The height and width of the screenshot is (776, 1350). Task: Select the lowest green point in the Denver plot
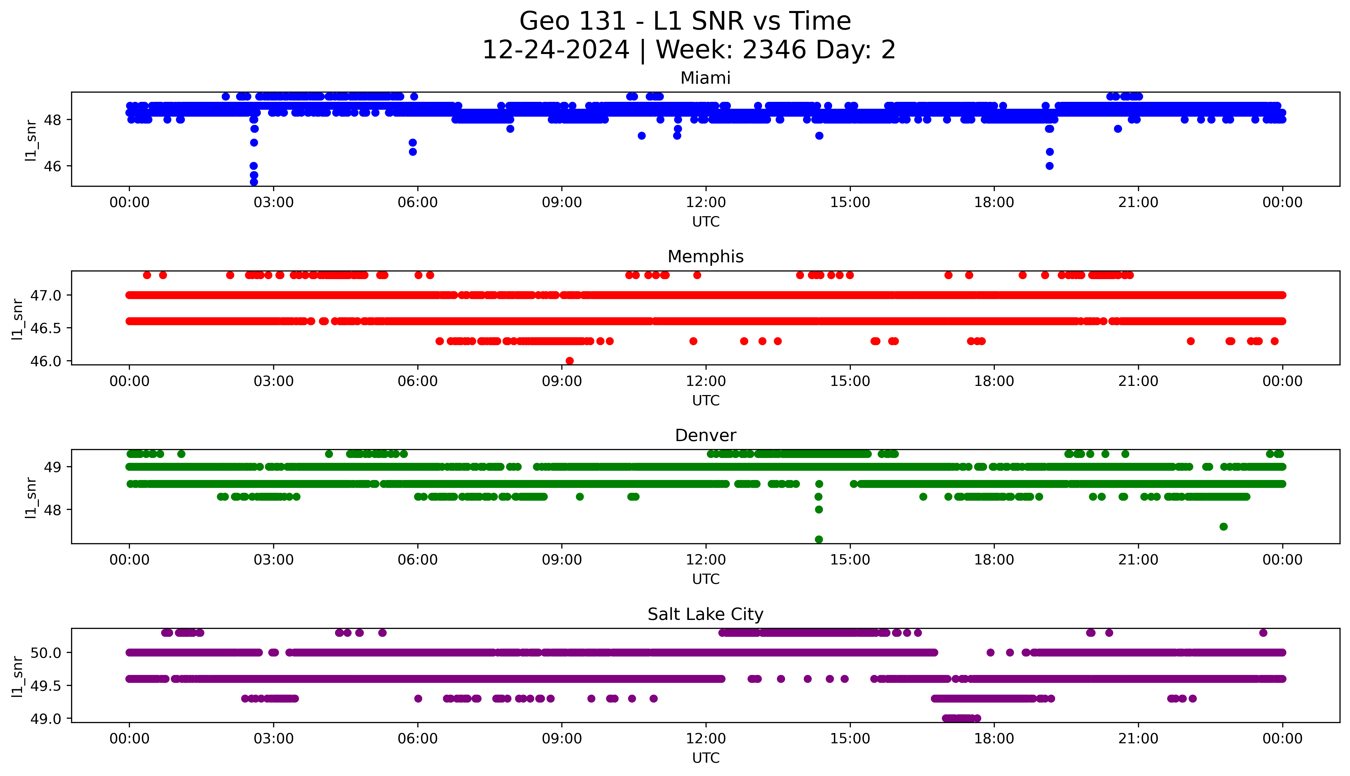tap(819, 539)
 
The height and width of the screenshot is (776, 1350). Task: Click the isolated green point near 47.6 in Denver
tap(1223, 527)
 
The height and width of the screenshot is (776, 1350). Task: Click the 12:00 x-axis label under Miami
tap(706, 203)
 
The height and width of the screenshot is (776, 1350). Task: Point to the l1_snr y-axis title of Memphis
tap(18, 319)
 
